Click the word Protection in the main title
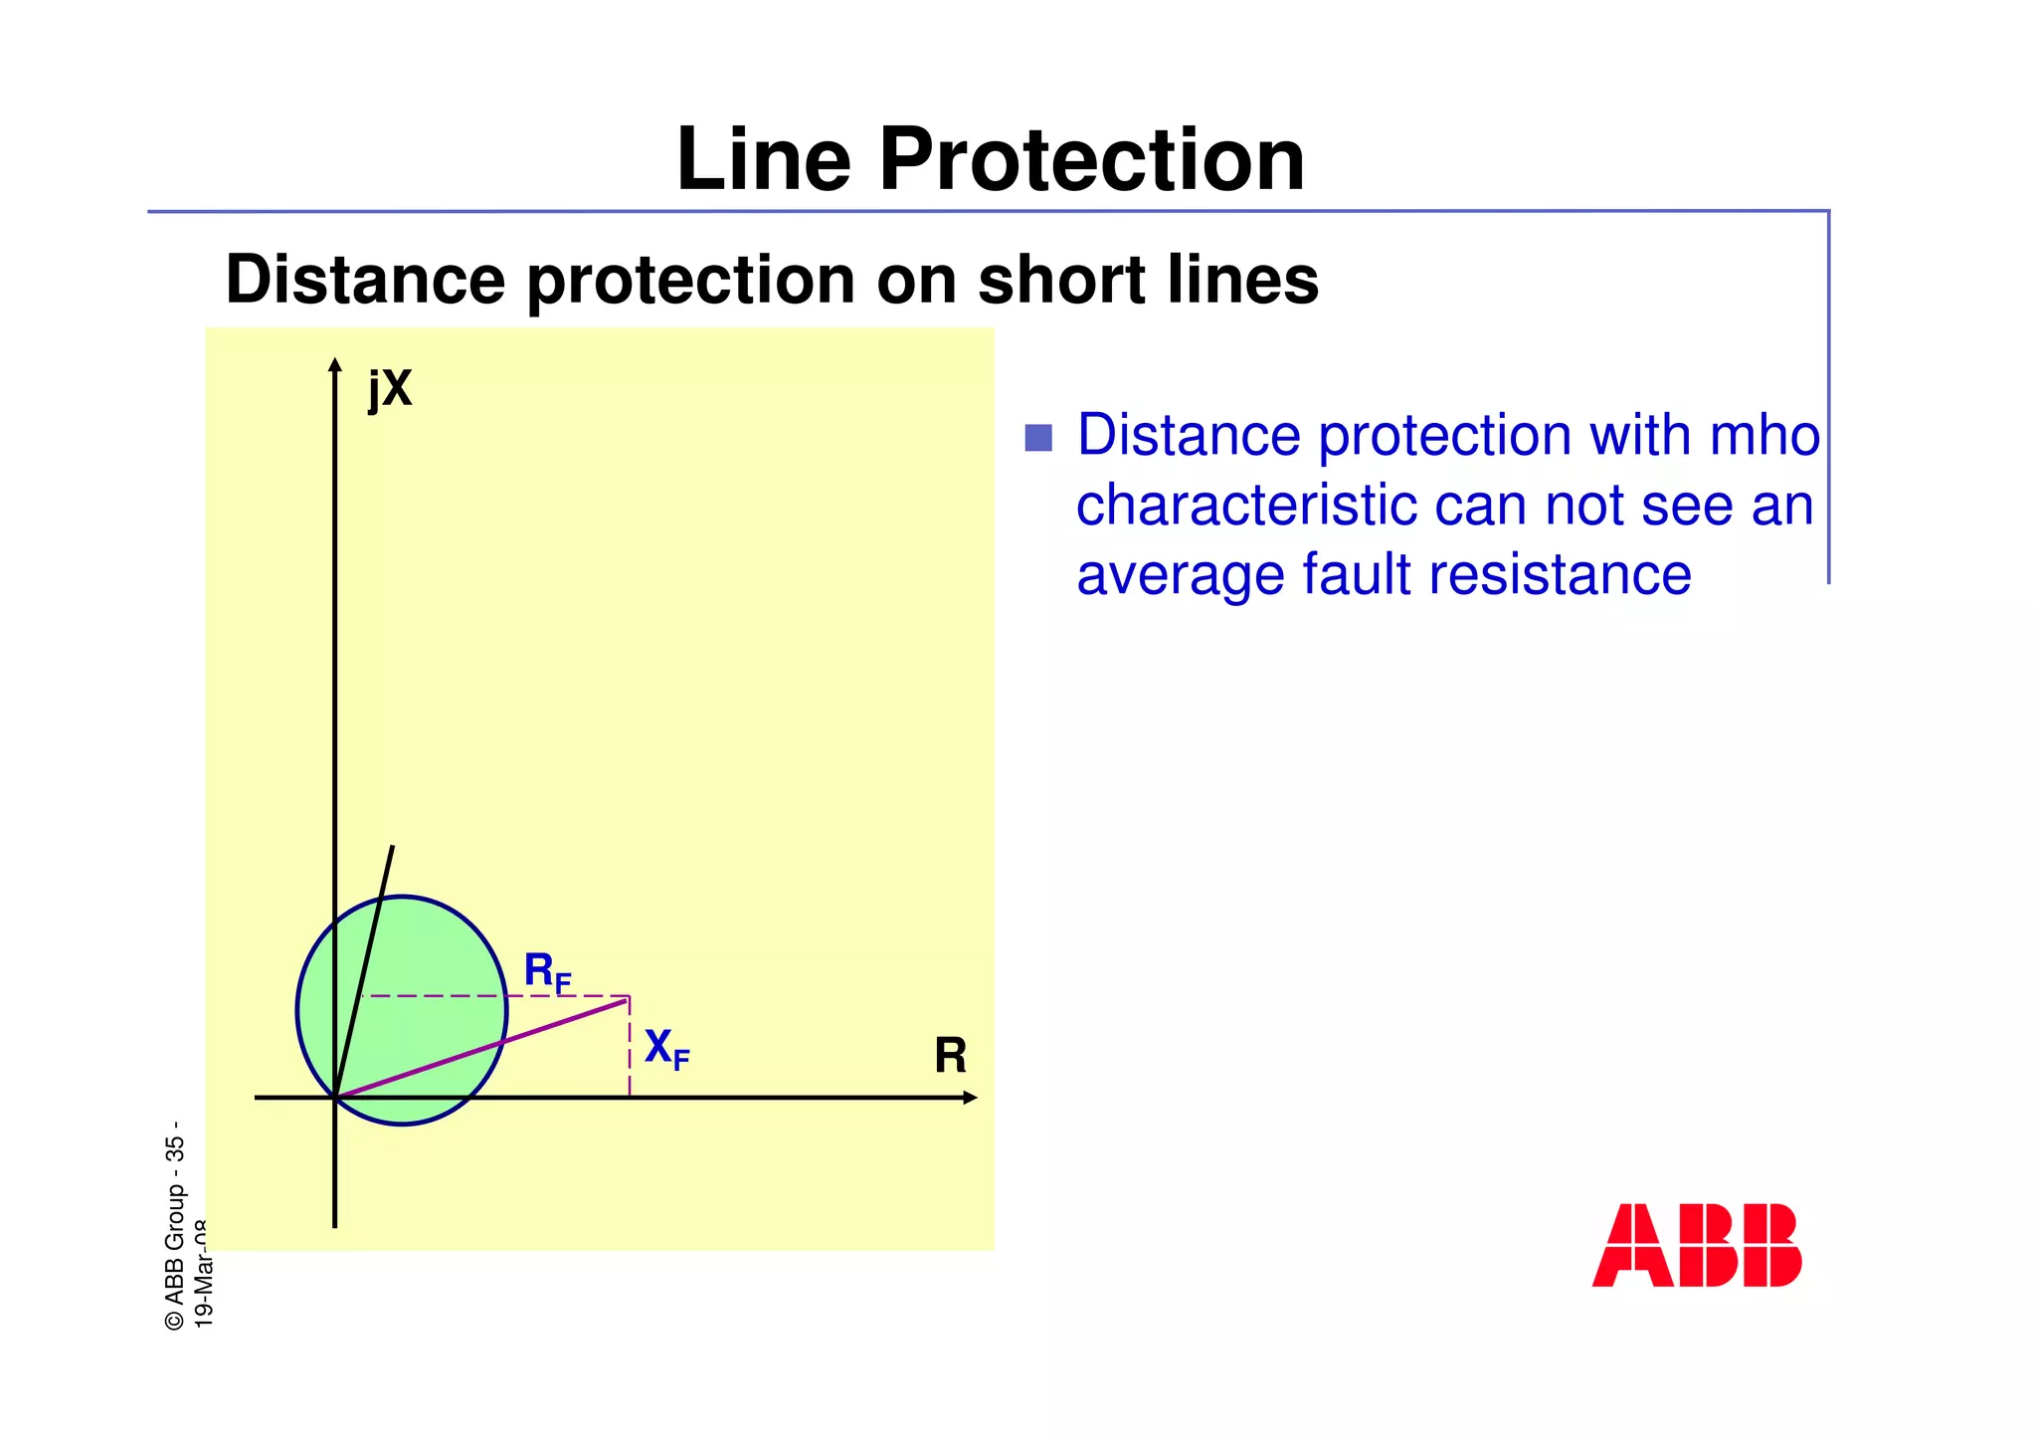[1091, 160]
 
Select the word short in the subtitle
[1063, 280]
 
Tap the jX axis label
[390, 388]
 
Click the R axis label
[950, 1056]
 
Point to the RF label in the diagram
[547, 971]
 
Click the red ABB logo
[1697, 1245]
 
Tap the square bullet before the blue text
[1038, 438]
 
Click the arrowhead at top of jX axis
[335, 364]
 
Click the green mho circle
[418, 955]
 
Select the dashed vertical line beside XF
[630, 1055]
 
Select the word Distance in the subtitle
[366, 280]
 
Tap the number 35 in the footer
[175, 1149]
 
